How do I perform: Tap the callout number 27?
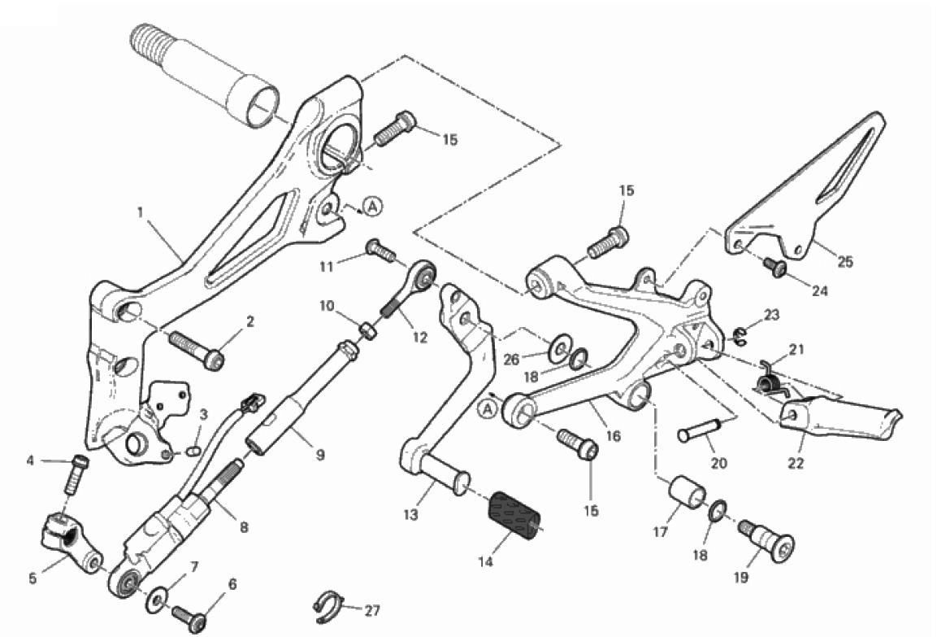(x=373, y=609)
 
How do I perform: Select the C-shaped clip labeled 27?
(x=326, y=606)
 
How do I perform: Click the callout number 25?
(x=846, y=262)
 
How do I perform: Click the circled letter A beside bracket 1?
(x=371, y=207)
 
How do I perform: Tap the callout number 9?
(x=319, y=455)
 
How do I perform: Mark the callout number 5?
(x=33, y=579)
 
